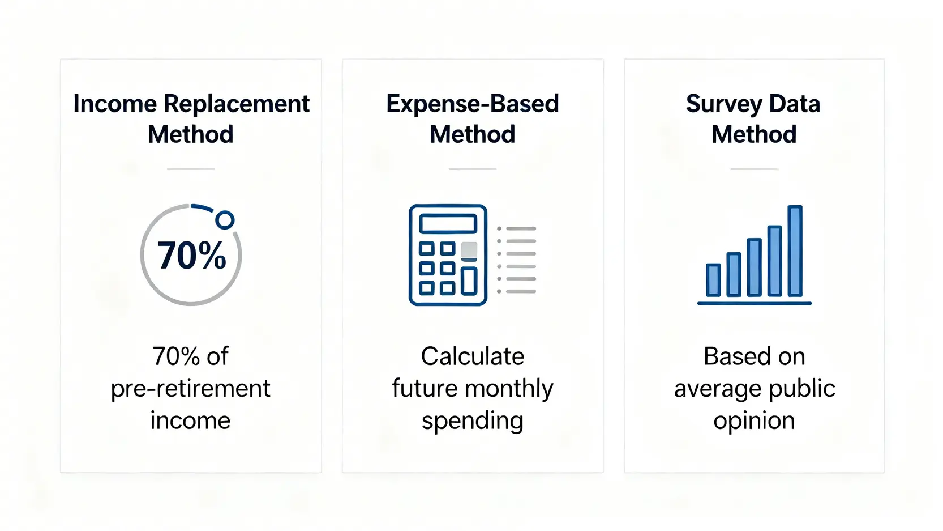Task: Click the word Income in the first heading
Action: [115, 104]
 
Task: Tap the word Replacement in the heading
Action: [237, 104]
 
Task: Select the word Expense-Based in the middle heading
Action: [473, 104]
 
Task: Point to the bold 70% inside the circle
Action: [191, 256]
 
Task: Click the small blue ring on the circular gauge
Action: [225, 220]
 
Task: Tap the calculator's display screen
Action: [448, 223]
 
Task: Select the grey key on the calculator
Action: [469, 249]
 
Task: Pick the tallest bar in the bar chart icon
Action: [795, 250]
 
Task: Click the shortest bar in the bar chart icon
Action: [713, 281]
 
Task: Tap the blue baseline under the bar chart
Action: [755, 303]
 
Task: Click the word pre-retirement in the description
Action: [190, 389]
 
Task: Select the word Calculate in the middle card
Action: [473, 356]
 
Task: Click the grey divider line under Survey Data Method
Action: [755, 169]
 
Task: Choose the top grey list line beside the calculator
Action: [521, 228]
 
